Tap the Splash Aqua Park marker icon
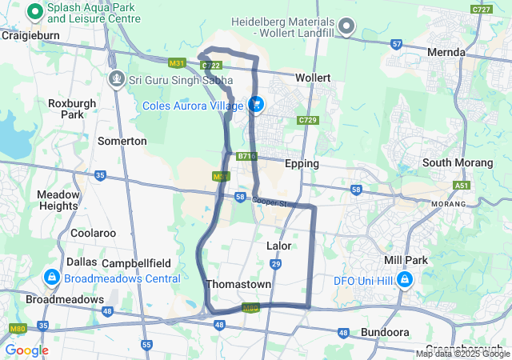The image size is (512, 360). tap(35, 11)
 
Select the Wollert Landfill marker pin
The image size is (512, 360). tap(346, 27)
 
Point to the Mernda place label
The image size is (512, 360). tap(446, 52)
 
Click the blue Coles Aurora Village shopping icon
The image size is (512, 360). tap(257, 105)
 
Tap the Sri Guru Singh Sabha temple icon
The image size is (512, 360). tap(117, 79)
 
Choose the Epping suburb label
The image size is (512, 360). tap(302, 163)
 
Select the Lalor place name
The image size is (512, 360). tap(278, 246)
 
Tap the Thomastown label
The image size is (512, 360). tap(238, 284)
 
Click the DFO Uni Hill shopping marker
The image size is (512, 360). tap(405, 279)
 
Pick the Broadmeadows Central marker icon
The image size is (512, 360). tap(51, 277)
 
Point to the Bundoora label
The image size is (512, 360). tap(385, 331)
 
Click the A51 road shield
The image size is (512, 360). tap(462, 185)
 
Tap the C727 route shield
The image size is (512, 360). tap(482, 10)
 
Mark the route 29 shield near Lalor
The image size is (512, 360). tap(276, 263)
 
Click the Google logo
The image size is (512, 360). tap(27, 350)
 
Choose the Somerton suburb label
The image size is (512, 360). tap(122, 141)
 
